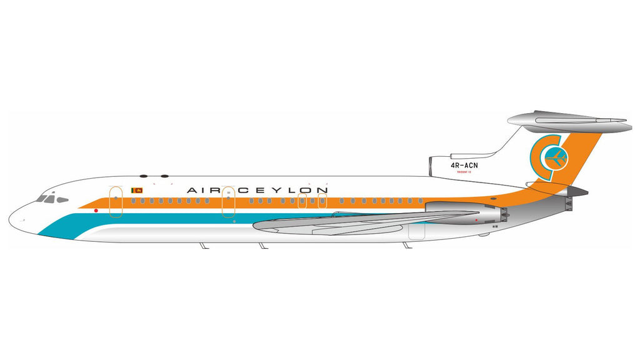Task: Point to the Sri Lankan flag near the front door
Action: click(136, 189)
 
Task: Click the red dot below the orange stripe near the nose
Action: click(96, 211)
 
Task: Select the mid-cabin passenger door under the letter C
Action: click(228, 202)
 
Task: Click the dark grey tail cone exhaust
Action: click(578, 191)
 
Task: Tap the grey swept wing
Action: click(350, 222)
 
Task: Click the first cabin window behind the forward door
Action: click(134, 201)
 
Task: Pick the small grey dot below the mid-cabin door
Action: click(234, 221)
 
